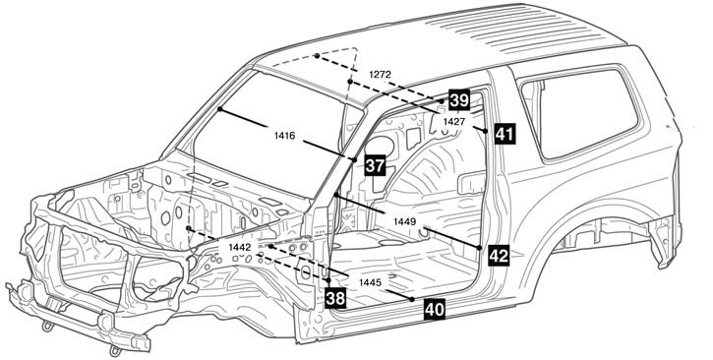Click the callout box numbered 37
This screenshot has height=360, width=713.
point(375,165)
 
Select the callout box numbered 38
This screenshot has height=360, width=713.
point(335,299)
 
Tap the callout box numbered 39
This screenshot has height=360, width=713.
point(459,100)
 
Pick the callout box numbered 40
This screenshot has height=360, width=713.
point(435,310)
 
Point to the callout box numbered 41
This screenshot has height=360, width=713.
point(505,134)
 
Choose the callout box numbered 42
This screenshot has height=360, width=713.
point(499,256)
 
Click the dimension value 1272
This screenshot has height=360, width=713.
point(380,75)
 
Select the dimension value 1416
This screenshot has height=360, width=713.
point(285,135)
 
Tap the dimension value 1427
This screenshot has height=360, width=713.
point(453,121)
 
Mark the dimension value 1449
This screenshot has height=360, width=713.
point(405,221)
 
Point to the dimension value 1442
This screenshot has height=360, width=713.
point(240,247)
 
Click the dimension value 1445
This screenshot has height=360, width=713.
point(370,282)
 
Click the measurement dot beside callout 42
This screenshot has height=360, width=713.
point(479,248)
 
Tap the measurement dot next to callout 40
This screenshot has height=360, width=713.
point(411,299)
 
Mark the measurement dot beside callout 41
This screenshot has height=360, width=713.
point(485,131)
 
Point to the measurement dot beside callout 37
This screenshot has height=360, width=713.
point(354,159)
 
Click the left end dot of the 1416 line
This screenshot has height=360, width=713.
point(219,109)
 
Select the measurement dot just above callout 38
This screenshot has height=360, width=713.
point(328,280)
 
